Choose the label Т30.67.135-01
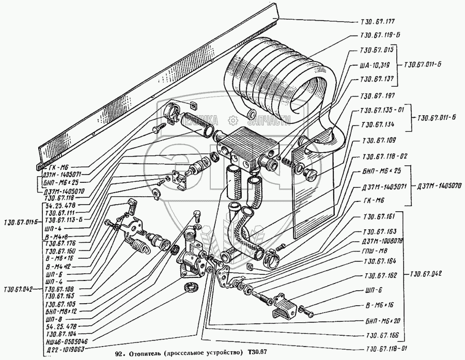tap(380, 111)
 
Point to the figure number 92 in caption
tap(118, 353)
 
